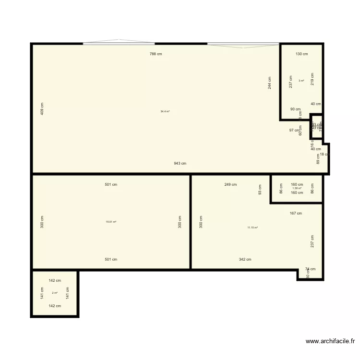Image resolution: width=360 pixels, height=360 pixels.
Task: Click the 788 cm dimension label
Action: (156, 54)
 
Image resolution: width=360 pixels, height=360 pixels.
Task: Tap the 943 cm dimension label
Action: (180, 163)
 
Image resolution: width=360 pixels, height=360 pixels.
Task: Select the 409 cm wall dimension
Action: (42, 109)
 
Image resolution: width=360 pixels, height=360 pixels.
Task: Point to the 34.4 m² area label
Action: (165, 111)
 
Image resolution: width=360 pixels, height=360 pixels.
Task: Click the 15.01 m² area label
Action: (111, 222)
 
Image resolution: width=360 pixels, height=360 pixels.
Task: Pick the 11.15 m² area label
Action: (252, 228)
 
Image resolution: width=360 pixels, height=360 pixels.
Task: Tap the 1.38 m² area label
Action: (297, 188)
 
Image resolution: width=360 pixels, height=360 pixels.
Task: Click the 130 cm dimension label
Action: (301, 54)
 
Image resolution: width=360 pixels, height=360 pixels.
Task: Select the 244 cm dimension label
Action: (270, 83)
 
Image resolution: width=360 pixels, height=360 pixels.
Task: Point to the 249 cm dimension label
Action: (230, 184)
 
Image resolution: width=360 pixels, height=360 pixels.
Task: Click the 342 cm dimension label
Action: (245, 259)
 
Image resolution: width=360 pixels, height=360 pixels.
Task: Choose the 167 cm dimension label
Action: (296, 213)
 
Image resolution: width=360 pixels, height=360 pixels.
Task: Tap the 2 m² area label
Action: (55, 293)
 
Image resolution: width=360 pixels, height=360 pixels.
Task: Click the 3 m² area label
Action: (301, 81)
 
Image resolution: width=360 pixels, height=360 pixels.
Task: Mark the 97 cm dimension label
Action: (294, 130)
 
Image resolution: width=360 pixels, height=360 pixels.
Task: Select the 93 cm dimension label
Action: (260, 190)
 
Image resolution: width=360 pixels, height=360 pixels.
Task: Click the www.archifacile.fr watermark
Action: (330, 342)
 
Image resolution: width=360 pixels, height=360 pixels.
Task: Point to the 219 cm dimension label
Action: (312, 79)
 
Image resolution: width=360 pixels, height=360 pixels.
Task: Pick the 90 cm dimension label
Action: (295, 109)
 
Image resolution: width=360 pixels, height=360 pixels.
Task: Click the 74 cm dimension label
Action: (310, 269)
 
